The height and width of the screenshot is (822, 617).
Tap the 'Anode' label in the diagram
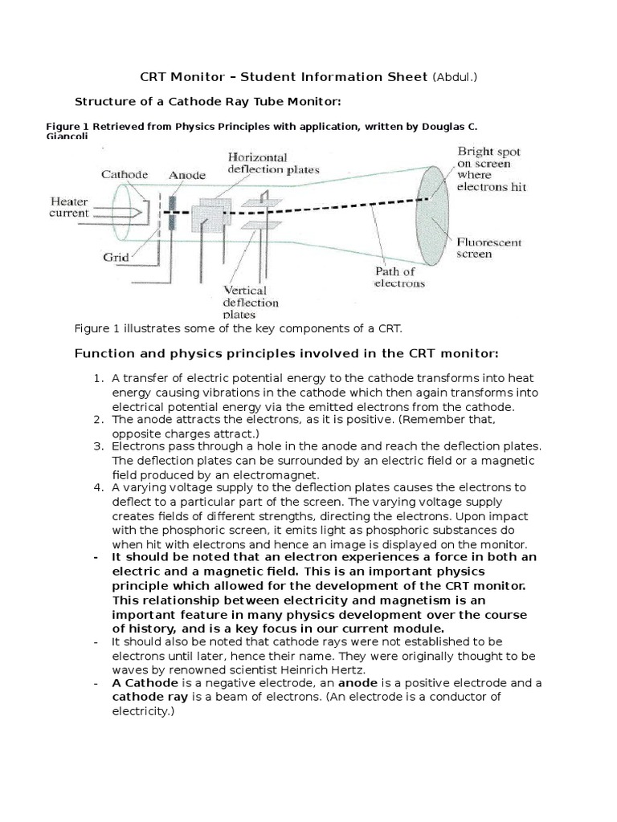(186, 174)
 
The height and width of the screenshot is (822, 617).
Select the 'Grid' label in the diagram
(114, 258)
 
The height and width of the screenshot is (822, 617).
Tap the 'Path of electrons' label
(399, 277)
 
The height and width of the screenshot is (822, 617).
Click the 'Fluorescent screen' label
(490, 248)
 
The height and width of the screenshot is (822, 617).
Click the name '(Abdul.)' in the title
(460, 77)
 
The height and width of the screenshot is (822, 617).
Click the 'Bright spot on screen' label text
(489, 164)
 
